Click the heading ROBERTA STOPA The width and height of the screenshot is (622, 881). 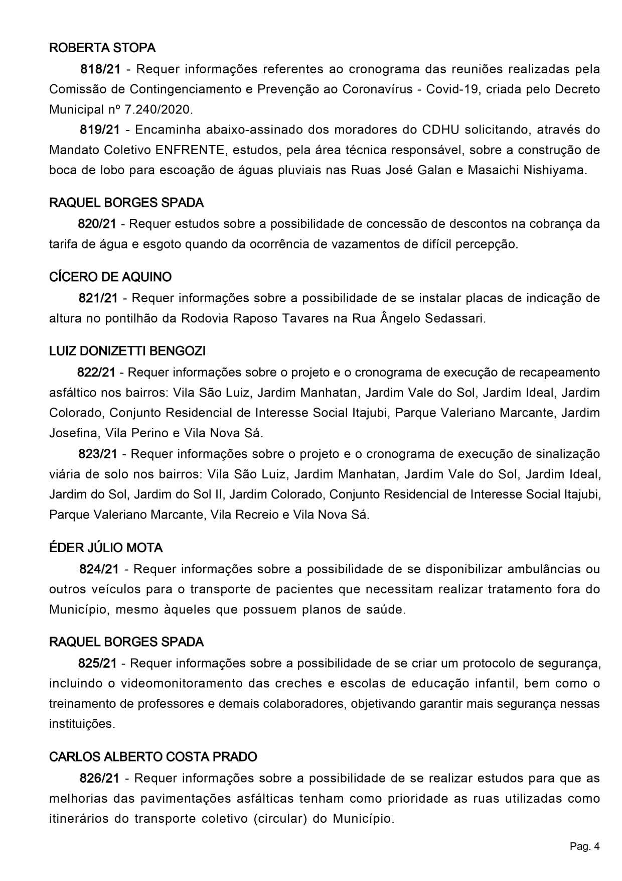point(102,48)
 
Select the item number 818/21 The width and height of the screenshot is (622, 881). point(101,69)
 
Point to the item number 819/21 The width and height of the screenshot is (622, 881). point(100,130)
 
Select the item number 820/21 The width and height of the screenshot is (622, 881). point(97,224)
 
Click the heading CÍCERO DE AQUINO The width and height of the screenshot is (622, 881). point(110,277)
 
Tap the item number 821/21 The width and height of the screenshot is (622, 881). point(98,298)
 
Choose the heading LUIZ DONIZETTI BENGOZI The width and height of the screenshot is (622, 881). point(127,351)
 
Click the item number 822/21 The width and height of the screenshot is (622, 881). point(96,372)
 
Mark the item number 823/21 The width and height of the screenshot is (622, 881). point(98,454)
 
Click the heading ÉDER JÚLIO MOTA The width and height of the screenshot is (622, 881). point(106,548)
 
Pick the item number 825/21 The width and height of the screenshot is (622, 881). point(97,663)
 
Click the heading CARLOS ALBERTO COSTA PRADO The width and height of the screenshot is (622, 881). point(153,757)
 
